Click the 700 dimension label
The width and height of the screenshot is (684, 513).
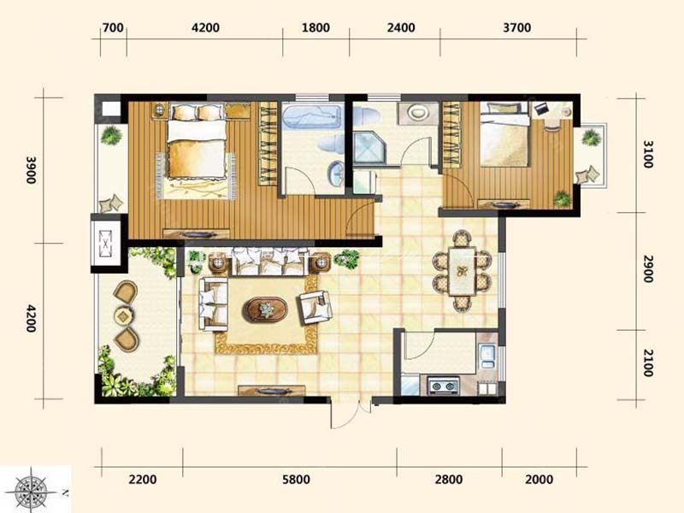click(113, 28)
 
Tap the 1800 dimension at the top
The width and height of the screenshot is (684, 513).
click(315, 28)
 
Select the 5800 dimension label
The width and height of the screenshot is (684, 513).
click(296, 480)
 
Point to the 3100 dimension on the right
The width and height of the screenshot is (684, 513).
click(648, 154)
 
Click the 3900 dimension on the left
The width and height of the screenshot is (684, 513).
click(31, 169)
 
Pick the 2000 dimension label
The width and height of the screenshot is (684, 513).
click(540, 480)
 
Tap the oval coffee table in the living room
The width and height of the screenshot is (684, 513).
click(265, 310)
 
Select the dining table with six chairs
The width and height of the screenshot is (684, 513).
click(463, 271)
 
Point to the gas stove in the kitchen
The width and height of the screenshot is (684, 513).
click(444, 386)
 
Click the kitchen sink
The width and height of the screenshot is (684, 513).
click(486, 357)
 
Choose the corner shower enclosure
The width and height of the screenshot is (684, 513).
click(369, 148)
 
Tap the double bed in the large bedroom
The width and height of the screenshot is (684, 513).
click(198, 142)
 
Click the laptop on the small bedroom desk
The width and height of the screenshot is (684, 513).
click(540, 109)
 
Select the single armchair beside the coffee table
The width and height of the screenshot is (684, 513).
click(314, 307)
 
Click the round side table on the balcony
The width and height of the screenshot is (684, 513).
click(123, 315)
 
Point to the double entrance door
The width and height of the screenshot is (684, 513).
click(351, 413)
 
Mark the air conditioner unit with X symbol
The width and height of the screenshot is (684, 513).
click(105, 244)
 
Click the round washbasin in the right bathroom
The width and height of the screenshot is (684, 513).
click(418, 113)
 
